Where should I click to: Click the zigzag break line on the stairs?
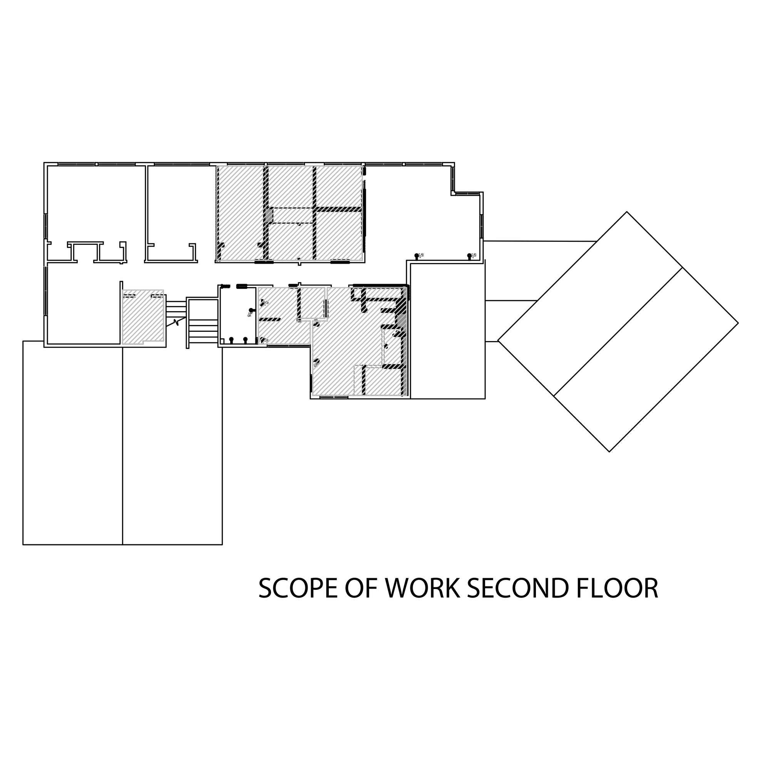174,322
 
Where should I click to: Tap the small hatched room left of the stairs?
142,317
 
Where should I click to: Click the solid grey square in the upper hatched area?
270,216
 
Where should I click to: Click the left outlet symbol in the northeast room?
417,256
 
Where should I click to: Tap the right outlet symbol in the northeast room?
469,256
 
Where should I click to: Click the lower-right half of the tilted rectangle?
646,359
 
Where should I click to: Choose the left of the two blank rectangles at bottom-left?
72,442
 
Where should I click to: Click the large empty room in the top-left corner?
95,203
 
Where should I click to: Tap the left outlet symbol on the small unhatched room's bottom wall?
231,340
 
